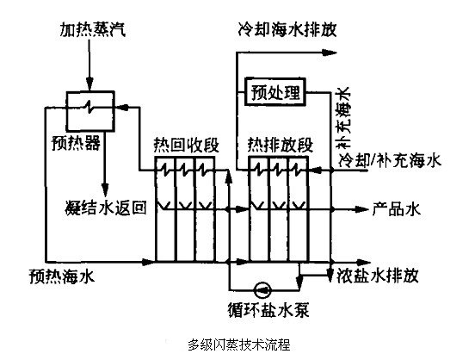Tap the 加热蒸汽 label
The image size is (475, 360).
pyautogui.click(x=92, y=29)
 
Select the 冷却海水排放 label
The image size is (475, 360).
pyautogui.click(x=287, y=30)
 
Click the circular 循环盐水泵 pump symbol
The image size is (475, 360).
pyautogui.click(x=262, y=290)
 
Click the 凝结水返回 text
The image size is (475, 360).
pyautogui.click(x=106, y=208)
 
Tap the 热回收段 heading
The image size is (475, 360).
pyautogui.click(x=186, y=145)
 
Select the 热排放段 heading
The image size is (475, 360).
pyautogui.click(x=280, y=145)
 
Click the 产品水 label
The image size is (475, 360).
pyautogui.click(x=397, y=208)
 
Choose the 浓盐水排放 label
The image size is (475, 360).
pyautogui.click(x=378, y=276)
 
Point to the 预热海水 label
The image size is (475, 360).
pyautogui.click(x=62, y=276)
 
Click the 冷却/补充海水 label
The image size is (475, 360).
pyautogui.click(x=390, y=160)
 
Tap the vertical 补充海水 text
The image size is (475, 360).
pyautogui.click(x=344, y=117)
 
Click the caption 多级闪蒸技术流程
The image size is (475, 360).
pyautogui.click(x=239, y=344)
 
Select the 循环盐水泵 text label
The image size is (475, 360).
pyautogui.click(x=268, y=310)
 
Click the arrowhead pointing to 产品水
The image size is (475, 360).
pyautogui.click(x=361, y=209)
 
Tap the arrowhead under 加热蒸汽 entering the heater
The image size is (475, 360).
pyautogui.click(x=89, y=84)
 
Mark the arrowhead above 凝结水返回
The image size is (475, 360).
pyautogui.click(x=105, y=189)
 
